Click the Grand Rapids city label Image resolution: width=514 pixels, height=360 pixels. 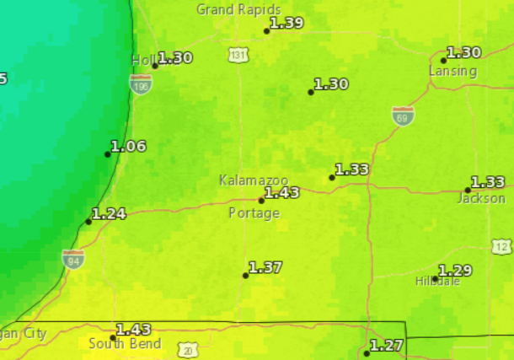click(228, 9)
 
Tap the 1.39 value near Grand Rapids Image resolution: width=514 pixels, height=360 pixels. click(286, 23)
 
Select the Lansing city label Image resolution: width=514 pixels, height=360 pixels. click(452, 71)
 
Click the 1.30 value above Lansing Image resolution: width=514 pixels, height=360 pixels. click(463, 52)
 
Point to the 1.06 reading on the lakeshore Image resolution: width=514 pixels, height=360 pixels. click(128, 146)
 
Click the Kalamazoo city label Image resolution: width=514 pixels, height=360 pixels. click(254, 180)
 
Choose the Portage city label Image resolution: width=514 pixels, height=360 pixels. click(254, 213)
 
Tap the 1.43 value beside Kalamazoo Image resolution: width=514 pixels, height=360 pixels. click(282, 192)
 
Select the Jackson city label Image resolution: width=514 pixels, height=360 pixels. click(481, 198)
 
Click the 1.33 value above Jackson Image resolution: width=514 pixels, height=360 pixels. click(488, 182)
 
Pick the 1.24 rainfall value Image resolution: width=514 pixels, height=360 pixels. click(109, 213)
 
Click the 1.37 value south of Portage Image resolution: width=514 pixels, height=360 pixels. click(265, 267)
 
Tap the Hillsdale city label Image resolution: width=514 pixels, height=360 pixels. click(437, 282)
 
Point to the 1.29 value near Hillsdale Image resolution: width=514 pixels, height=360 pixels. click(455, 271)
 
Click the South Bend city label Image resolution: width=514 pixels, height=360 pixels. click(118, 343)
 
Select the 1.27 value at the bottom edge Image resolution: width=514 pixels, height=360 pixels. click(387, 345)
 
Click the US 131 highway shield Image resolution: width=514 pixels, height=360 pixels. click(238, 55)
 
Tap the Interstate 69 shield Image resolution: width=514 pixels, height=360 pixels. click(403, 116)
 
